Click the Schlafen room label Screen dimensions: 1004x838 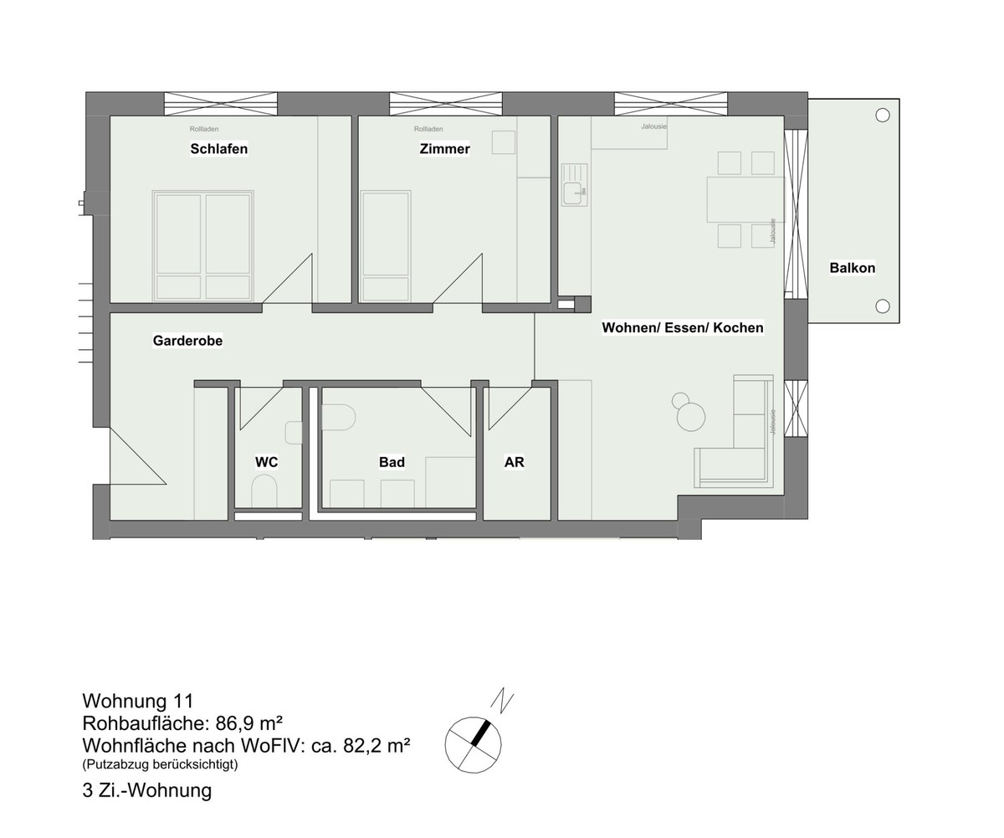(218, 149)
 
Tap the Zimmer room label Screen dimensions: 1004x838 (445, 149)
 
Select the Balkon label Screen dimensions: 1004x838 (853, 267)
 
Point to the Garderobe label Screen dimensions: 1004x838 (187, 341)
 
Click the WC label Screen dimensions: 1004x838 (266, 462)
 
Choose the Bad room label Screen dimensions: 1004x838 (392, 462)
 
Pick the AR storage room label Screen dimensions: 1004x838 (514, 462)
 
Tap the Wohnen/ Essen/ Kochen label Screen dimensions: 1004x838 (683, 327)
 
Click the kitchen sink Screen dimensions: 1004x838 (575, 185)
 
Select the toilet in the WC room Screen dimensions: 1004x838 (264, 490)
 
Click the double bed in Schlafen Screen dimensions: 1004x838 (203, 246)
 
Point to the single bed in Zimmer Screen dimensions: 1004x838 (386, 246)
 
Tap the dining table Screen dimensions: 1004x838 (745, 199)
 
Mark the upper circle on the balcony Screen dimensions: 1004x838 (883, 115)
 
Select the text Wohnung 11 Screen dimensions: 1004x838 (138, 701)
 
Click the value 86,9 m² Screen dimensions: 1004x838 (248, 723)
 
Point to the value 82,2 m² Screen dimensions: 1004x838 (376, 745)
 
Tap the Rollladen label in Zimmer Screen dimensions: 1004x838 (428, 129)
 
